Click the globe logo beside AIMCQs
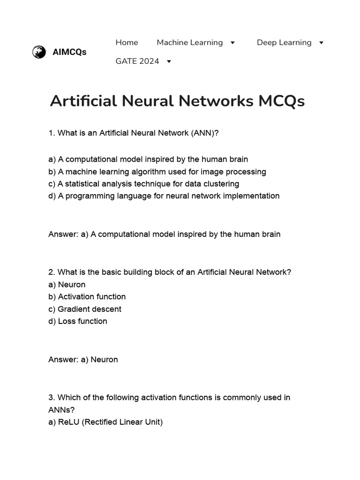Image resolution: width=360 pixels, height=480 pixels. tap(39, 52)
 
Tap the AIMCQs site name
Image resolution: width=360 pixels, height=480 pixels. tap(69, 52)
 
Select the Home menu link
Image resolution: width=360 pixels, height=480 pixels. tap(127, 43)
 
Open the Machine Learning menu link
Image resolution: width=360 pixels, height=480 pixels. tap(189, 43)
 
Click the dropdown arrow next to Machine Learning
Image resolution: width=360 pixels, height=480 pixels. tap(232, 43)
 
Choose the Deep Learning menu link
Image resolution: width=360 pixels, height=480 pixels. tap(284, 43)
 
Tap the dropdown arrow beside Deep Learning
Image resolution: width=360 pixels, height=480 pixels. tap(321, 43)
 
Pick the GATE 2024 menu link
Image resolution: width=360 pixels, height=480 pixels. tap(137, 61)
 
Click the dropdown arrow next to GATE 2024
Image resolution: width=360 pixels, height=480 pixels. tap(169, 61)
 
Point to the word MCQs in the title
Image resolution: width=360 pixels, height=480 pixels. tap(281, 101)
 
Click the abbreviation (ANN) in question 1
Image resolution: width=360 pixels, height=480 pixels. tap(202, 133)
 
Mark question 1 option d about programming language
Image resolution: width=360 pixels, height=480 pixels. tap(164, 196)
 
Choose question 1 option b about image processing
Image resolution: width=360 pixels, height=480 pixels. tap(157, 172)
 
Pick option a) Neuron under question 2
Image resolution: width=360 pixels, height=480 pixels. tap(67, 285)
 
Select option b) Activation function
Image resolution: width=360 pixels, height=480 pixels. tap(87, 297)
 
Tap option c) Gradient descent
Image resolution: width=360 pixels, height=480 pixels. tap(85, 309)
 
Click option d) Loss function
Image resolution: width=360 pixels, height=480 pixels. tap(78, 321)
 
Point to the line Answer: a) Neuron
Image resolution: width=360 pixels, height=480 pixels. tap(83, 360)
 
